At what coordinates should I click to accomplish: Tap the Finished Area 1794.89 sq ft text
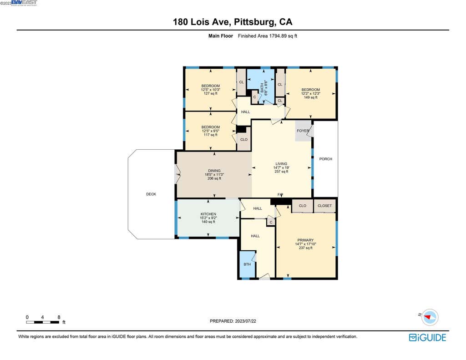tap(268, 36)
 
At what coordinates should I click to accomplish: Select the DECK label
tap(151, 194)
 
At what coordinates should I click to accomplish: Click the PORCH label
tap(326, 159)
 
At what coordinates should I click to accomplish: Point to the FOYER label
tap(303, 131)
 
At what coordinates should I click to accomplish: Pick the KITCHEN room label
tap(208, 214)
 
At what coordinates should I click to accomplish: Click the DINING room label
tap(214, 171)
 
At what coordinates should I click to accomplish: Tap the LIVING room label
tap(281, 164)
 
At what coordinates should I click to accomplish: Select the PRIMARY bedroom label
tap(305, 240)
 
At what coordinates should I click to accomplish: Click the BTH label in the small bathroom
tap(247, 264)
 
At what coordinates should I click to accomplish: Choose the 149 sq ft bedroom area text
tap(310, 97)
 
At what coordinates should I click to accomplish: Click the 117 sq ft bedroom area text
tap(211, 135)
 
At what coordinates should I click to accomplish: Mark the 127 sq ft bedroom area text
tap(211, 93)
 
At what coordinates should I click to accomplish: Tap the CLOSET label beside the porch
tap(324, 206)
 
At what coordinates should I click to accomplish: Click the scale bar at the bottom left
tap(42, 322)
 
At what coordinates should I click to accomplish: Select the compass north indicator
tap(430, 317)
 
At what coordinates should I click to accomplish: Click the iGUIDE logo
tap(427, 338)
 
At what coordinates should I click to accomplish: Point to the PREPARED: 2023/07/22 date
tap(233, 321)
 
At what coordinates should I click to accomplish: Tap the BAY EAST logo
tap(24, 3)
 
